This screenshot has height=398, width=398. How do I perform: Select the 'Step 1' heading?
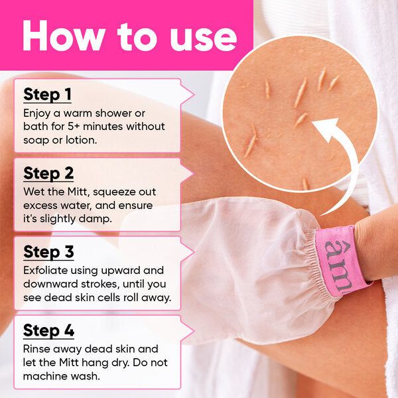pyautogui.click(x=47, y=94)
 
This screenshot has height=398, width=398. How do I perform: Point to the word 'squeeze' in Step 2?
pyautogui.click(x=111, y=192)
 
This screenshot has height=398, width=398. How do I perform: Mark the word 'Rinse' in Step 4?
pyautogui.click(x=38, y=349)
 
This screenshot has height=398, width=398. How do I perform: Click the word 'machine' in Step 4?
pyautogui.click(x=47, y=375)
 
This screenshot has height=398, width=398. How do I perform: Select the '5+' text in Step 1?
pyautogui.click(x=78, y=126)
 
